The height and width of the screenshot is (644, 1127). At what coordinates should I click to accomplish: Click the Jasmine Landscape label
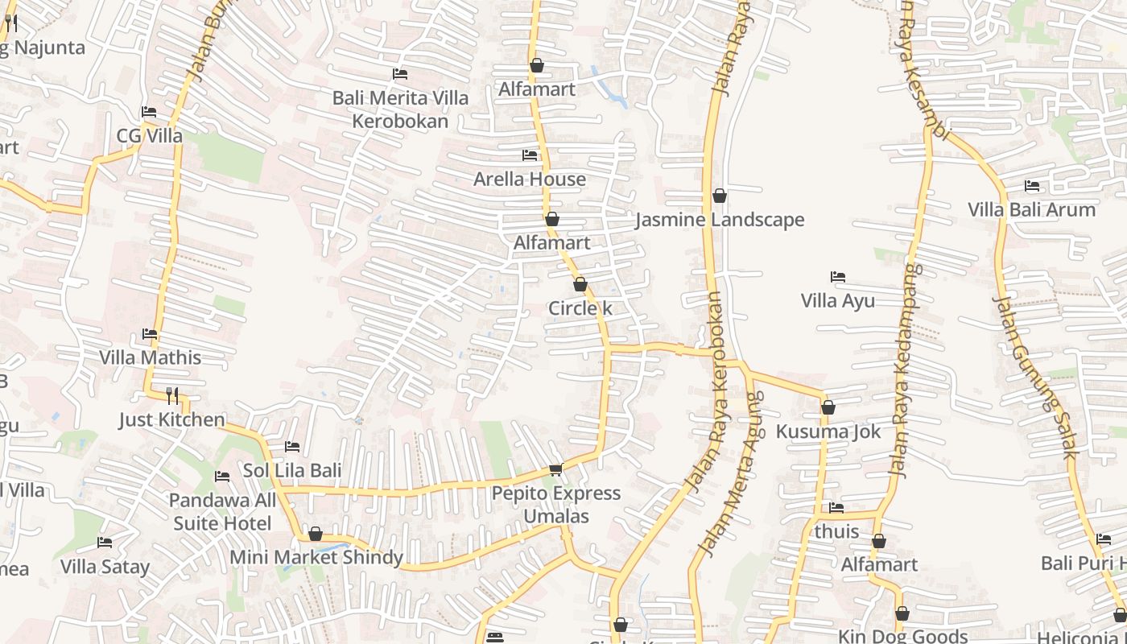pos(720,220)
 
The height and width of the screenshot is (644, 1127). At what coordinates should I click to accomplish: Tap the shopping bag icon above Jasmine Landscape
pos(720,196)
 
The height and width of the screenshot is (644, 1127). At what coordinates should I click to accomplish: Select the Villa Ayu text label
pos(837,301)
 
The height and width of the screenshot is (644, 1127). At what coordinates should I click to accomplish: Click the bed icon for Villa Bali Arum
pos(1032,186)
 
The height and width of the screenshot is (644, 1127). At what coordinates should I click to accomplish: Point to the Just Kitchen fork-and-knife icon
pos(171,395)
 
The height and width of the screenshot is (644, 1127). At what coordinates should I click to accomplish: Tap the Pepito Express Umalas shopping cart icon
pos(555,469)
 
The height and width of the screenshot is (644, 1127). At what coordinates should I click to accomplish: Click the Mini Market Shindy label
pos(316,557)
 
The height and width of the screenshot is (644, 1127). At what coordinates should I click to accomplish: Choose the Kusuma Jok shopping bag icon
pos(828,408)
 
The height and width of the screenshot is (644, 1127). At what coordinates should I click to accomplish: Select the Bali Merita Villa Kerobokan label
pos(400,109)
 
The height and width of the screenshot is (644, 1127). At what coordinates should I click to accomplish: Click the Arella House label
pos(529,179)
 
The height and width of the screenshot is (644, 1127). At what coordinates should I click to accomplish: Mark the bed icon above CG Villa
pos(149,112)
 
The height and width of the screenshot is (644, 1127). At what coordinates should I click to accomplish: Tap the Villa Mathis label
pos(150,357)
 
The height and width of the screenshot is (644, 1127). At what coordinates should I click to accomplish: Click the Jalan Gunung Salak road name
pos(1034,377)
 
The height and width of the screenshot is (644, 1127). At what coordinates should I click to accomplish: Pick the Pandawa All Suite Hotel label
pos(222,512)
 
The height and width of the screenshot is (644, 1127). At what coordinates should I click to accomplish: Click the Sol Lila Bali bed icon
pos(292,447)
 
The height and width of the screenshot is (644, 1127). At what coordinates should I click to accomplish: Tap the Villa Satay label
pos(105,567)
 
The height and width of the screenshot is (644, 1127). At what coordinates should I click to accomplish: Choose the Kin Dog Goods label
pos(902,636)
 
